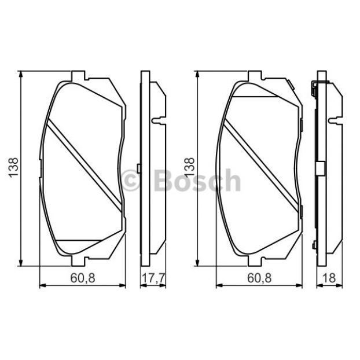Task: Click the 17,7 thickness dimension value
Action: pos(153,278)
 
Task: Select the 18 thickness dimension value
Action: pos(329,278)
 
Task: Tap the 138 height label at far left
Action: pos(13,167)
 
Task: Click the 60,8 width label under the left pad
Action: pos(83,278)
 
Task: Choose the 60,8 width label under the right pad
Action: pos(259,278)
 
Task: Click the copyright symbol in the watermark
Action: pos(131,181)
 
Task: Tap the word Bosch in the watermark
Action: pos(197,180)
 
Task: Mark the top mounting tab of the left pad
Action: pos(78,76)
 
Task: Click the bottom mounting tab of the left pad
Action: pos(78,261)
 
